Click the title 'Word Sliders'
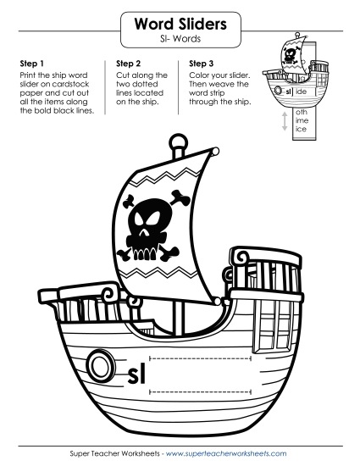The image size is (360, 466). (x=180, y=26)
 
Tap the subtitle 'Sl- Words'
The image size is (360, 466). (x=180, y=42)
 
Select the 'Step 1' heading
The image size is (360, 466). (x=30, y=63)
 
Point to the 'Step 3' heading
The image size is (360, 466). (x=203, y=63)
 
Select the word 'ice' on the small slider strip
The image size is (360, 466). (x=302, y=130)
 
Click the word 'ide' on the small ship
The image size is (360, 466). (x=303, y=91)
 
